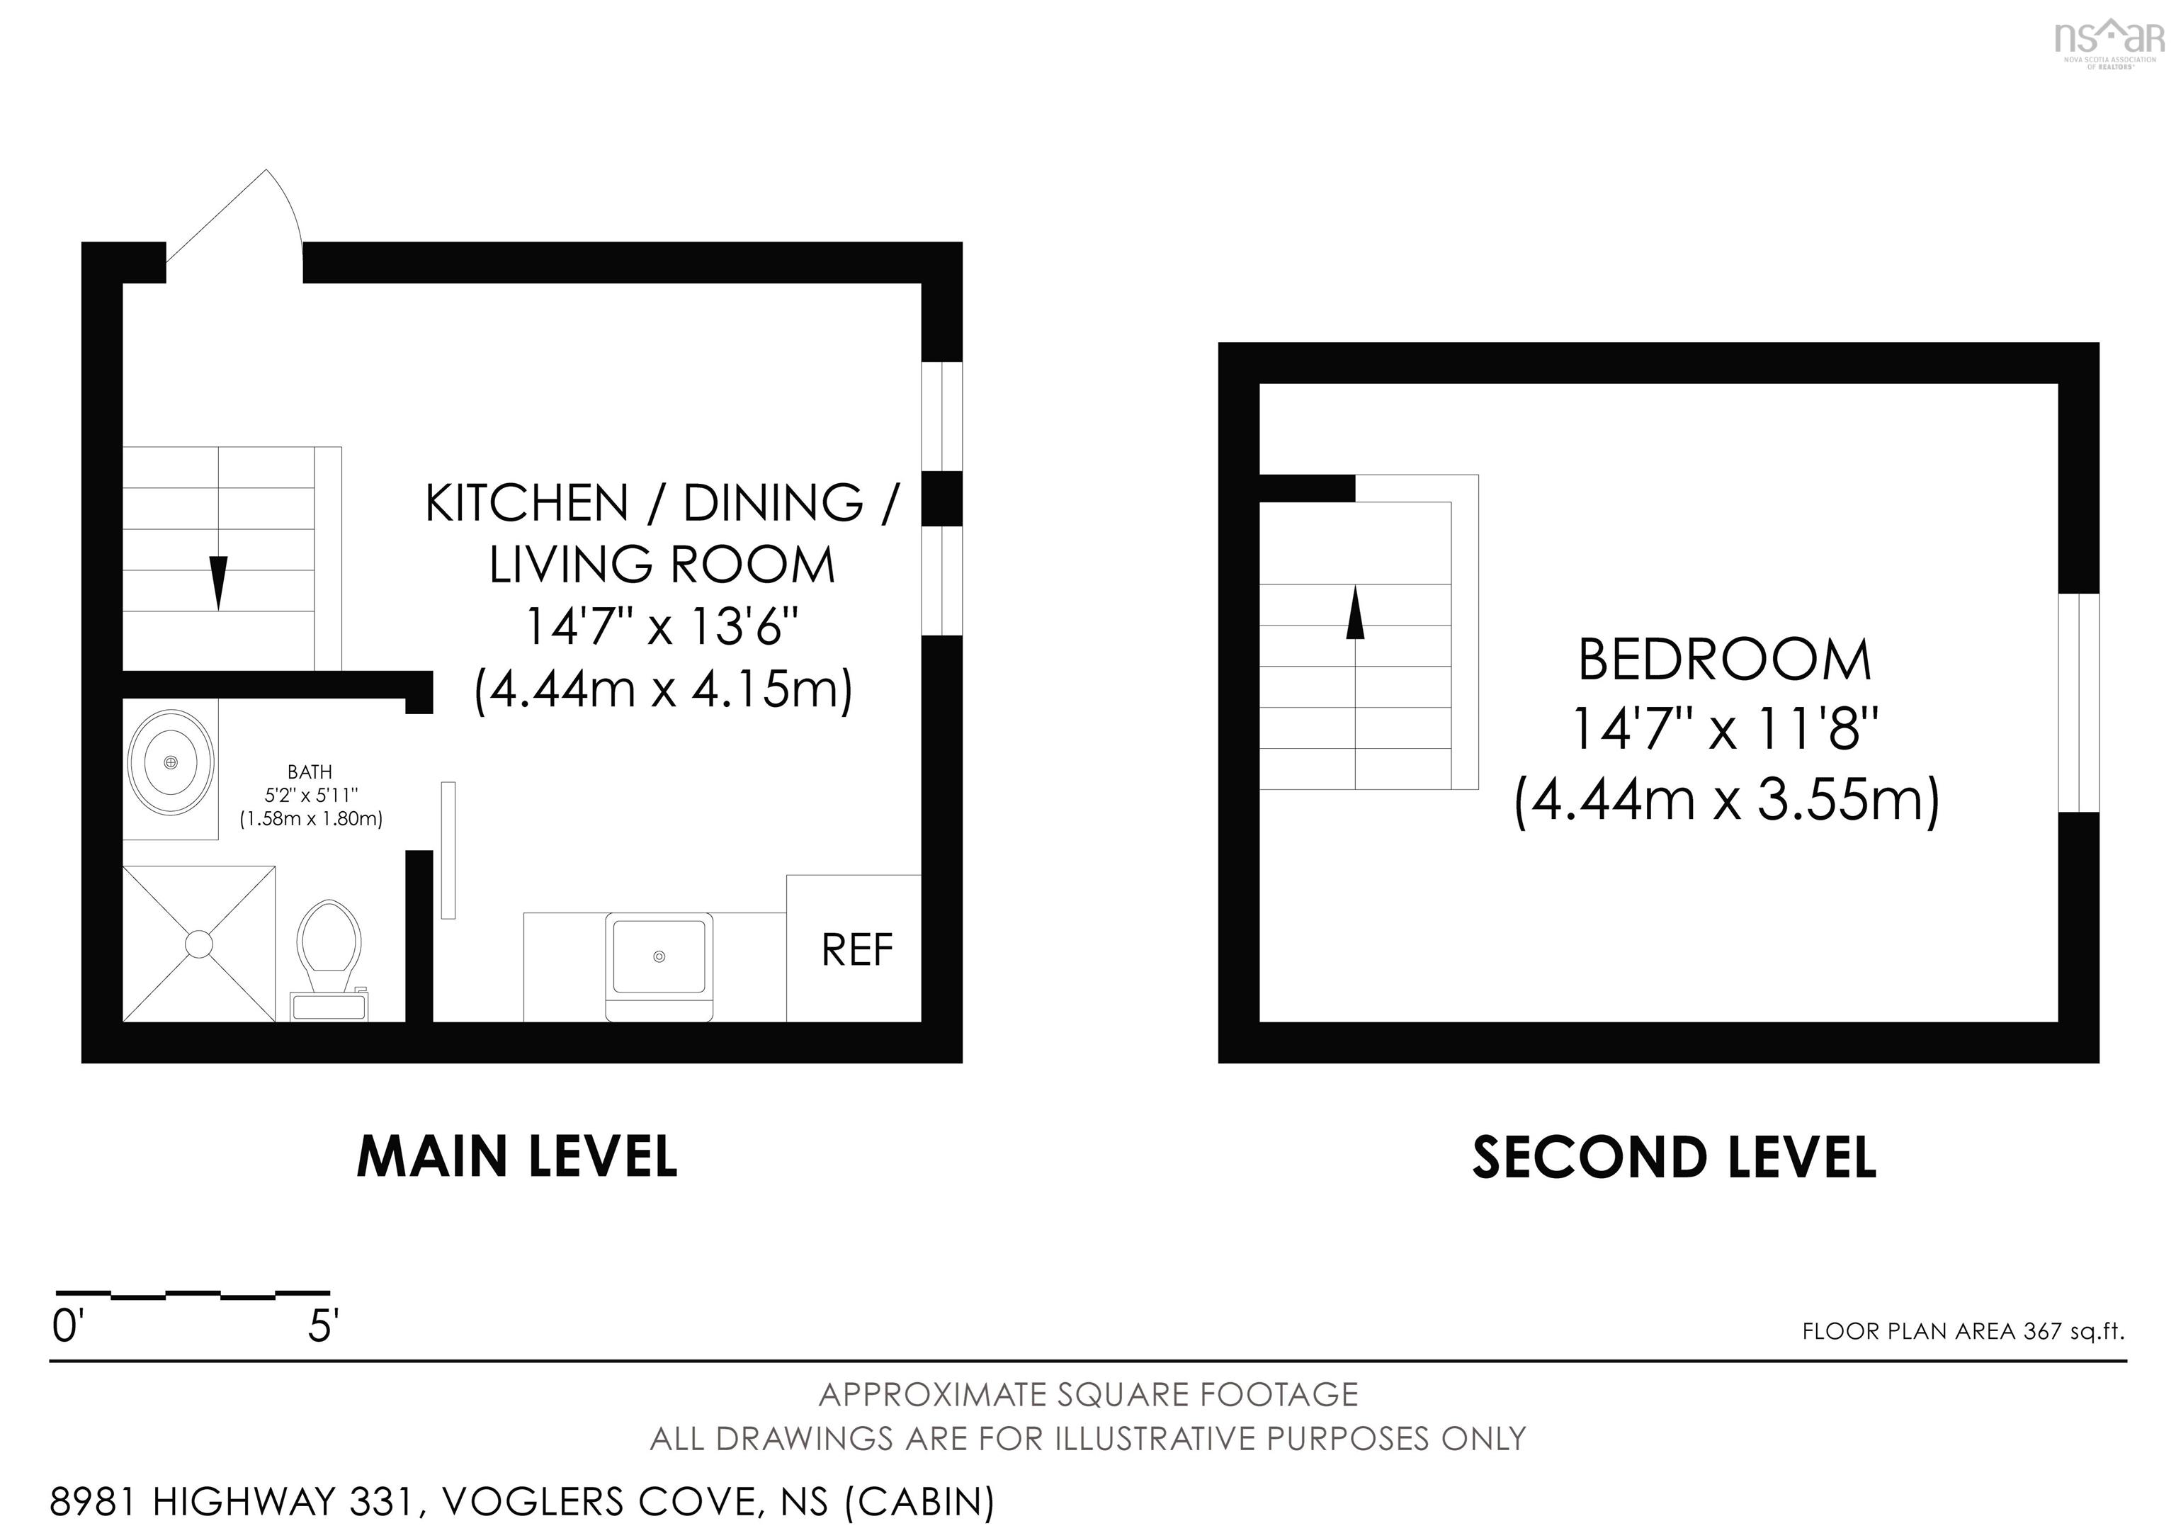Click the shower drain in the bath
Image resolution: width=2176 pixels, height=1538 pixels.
tap(199, 944)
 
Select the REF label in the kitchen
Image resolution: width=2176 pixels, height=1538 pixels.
tap(857, 951)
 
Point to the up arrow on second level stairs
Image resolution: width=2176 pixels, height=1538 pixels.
tap(1355, 612)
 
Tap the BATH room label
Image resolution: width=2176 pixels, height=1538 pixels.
tap(310, 772)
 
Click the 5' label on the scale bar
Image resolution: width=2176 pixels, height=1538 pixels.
tap(323, 1327)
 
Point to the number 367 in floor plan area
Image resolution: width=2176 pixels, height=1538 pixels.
tap(2042, 1331)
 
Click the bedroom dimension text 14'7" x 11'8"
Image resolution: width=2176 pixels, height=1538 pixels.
tap(1725, 730)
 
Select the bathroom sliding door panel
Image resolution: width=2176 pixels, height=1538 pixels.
tap(448, 850)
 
